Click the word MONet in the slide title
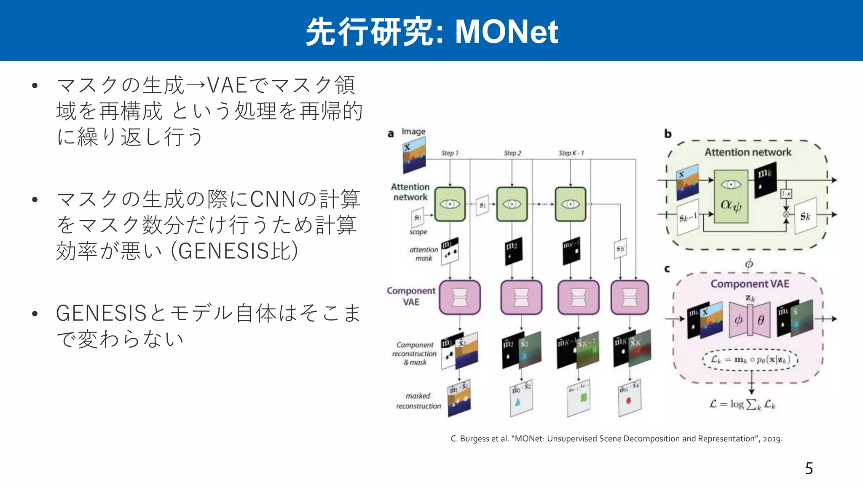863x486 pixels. pyautogui.click(x=507, y=32)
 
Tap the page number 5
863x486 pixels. pyautogui.click(x=809, y=469)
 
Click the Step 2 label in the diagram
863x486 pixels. pyautogui.click(x=512, y=153)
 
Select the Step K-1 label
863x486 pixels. pyautogui.click(x=571, y=153)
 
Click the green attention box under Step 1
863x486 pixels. pyautogui.click(x=450, y=204)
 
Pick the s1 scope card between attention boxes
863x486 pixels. pyautogui.click(x=482, y=205)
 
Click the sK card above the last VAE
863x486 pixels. pyautogui.click(x=620, y=249)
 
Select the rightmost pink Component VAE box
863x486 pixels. pyautogui.click(x=630, y=297)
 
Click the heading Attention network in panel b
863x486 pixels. pyautogui.click(x=748, y=152)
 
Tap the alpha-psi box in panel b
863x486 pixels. pyautogui.click(x=731, y=197)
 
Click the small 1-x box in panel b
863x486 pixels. pyautogui.click(x=786, y=194)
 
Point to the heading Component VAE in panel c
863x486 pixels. pyautogui.click(x=750, y=284)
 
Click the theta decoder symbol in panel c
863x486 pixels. pyautogui.click(x=761, y=321)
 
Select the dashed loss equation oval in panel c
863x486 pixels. pyautogui.click(x=750, y=360)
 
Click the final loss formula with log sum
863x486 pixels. pyautogui.click(x=742, y=404)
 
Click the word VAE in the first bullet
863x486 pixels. pyautogui.click(x=227, y=85)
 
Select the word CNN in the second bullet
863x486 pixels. pyautogui.click(x=273, y=200)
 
